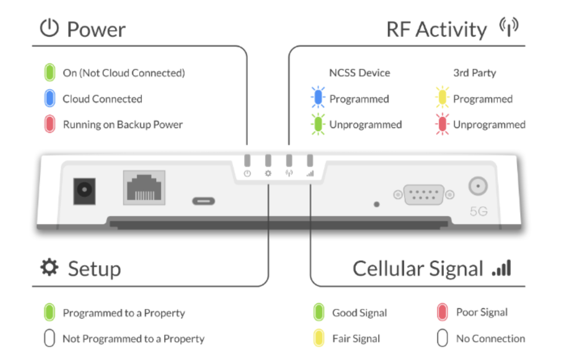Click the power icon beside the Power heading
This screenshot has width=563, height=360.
pos(49,28)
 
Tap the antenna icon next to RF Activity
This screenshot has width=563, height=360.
pos(509,26)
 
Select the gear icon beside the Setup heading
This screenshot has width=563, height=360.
pos(49,267)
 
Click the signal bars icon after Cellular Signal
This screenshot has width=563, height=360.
pos(501,268)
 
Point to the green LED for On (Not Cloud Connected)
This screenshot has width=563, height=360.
pos(50,73)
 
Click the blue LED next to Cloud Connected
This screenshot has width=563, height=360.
pos(50,99)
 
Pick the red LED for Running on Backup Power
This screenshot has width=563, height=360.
pos(50,124)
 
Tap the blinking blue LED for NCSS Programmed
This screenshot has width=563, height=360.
pos(318,97)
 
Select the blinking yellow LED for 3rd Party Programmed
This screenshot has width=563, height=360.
pos(443,97)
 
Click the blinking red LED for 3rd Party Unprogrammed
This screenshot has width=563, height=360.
pos(443,124)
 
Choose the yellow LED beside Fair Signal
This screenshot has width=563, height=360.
pos(318,338)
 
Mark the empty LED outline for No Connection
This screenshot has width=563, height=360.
pos(443,338)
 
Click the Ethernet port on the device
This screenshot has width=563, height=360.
pos(144,187)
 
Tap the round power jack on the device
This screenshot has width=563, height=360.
pos(85,191)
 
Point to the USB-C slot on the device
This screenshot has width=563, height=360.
pos(204,201)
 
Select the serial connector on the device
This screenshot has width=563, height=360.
pos(424,194)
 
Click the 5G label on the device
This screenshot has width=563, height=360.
pos(478,211)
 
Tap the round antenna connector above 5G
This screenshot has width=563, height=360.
pos(478,186)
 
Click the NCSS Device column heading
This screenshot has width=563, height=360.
pos(359,73)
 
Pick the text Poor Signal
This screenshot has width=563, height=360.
pos(482,312)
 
